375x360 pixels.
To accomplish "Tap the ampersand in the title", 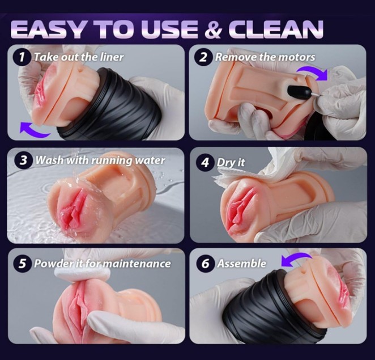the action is tap(214, 29).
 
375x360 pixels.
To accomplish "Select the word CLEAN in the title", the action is tap(276, 29).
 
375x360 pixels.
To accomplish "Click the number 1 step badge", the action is tap(22, 57).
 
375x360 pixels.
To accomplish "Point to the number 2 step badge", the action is tap(203, 57).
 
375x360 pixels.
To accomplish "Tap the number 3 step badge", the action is tap(23, 160).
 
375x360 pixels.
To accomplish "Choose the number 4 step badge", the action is tap(205, 163).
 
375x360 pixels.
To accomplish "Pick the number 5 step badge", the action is tap(22, 263).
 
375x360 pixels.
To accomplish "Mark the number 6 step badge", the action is tap(205, 263).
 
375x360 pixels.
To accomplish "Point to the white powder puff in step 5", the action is tap(83, 276).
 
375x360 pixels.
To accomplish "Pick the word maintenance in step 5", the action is tap(137, 264).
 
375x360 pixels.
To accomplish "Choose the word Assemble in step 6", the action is tap(241, 264).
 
